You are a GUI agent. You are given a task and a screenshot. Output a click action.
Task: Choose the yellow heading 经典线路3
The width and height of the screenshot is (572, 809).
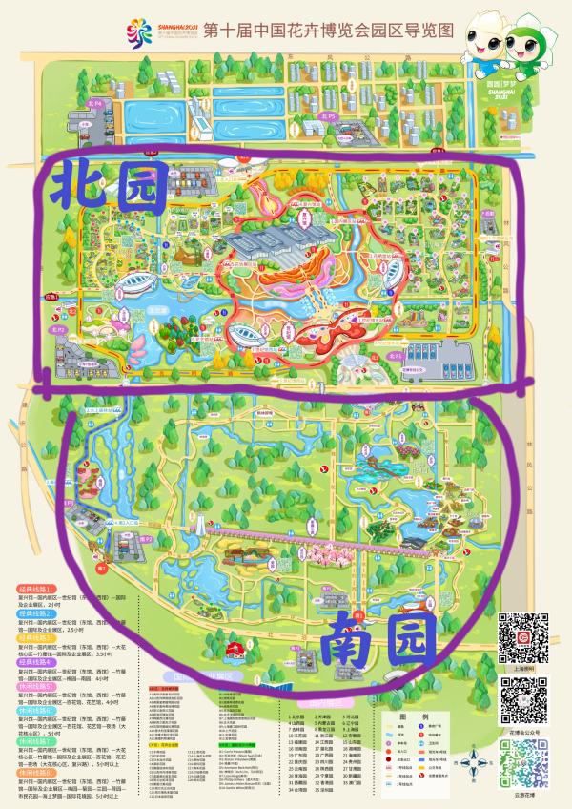pos(34,636)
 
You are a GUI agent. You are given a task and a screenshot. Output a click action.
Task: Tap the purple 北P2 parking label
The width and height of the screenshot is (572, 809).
pos(59,329)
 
